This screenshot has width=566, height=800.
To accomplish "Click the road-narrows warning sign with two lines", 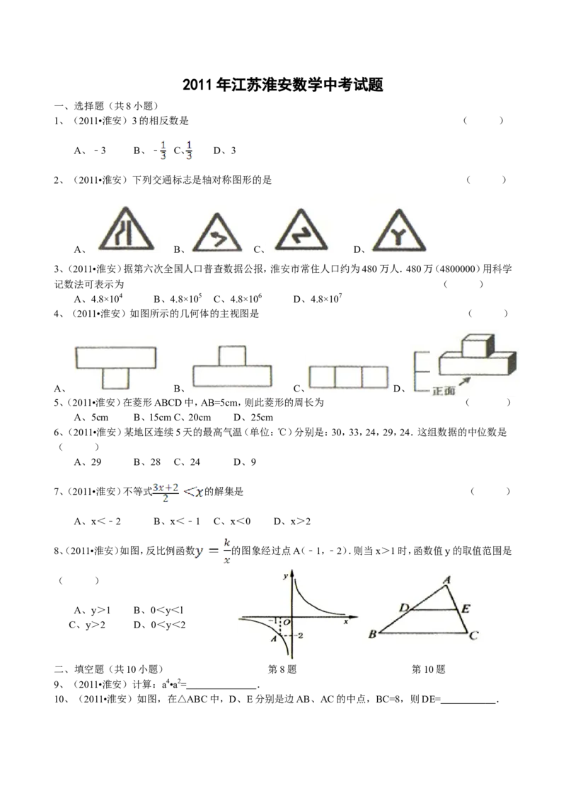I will click(127, 230).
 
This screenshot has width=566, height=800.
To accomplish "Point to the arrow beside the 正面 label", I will click(465, 380).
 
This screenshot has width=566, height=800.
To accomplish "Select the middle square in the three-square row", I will click(348, 377).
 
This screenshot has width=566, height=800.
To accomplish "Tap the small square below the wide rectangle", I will click(116, 378).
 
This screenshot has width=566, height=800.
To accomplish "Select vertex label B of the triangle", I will click(372, 634).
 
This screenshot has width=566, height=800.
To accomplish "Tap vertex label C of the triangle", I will click(473, 636).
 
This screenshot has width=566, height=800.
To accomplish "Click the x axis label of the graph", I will click(345, 622).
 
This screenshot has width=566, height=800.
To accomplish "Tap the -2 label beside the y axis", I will click(300, 636).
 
